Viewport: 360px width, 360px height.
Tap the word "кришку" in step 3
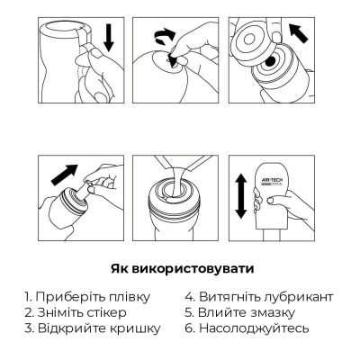coord(136,329)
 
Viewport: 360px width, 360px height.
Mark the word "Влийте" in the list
coord(219,311)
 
